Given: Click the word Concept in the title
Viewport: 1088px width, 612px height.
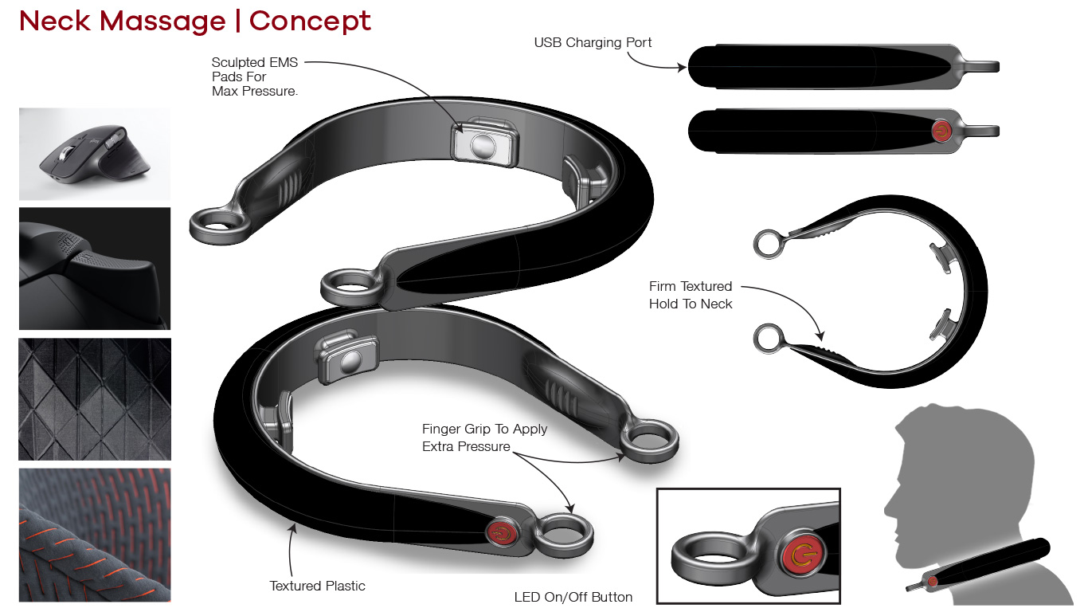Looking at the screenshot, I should coord(310,21).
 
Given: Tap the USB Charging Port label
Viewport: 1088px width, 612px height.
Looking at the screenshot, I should coord(593,43).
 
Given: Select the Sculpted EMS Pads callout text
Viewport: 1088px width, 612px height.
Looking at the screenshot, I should coord(254,76).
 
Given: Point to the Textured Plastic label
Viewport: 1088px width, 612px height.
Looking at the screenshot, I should coord(317,586).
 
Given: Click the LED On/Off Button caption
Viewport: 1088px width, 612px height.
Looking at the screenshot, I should coord(573,597).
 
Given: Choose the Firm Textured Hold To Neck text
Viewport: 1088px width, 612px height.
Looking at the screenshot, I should coord(691,295).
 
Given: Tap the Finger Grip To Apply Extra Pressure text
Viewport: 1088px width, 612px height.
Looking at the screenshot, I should coord(484,437).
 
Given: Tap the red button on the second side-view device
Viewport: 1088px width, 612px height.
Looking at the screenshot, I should coord(942,131).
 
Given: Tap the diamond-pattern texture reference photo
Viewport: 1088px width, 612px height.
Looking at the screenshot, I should coord(94,398).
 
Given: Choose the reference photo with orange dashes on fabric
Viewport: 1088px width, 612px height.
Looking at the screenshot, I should coord(94,535).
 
